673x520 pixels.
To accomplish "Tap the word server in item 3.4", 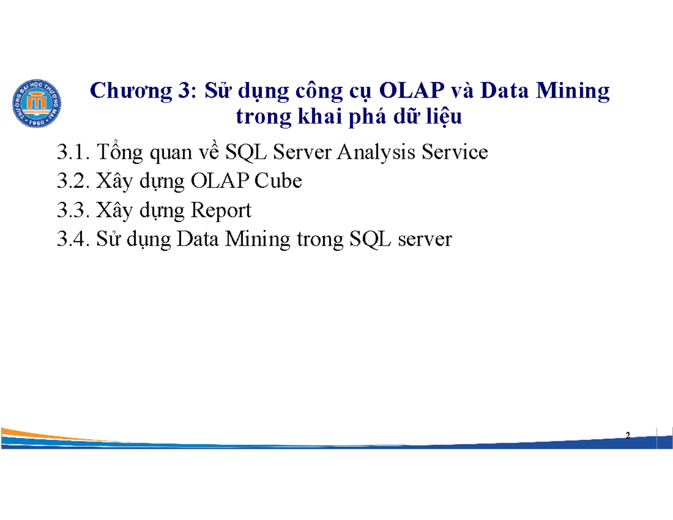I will click(425, 240).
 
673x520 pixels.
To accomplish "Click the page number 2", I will click(628, 436).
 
